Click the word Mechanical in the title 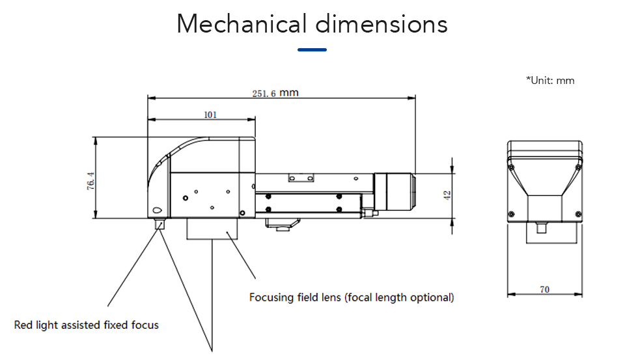click(241, 24)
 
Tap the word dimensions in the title click(382, 24)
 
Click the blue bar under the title click(312, 49)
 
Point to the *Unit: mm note click(550, 81)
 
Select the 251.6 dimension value click(265, 93)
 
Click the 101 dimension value click(210, 115)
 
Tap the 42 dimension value click(447, 195)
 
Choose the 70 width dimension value click(544, 288)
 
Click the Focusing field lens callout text click(352, 298)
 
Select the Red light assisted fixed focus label click(87, 324)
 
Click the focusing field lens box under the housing click(213, 229)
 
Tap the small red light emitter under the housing click(160, 223)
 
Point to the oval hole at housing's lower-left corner click(157, 210)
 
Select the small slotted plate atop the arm click(301, 178)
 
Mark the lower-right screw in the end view click(576, 212)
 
